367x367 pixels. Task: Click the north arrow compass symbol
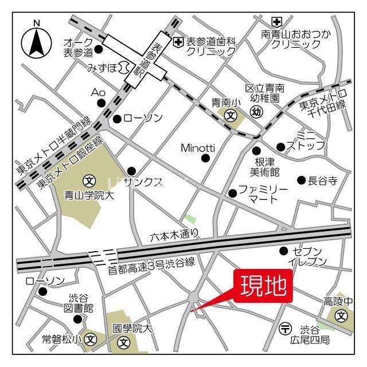coord(36,41)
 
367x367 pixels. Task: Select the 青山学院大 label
coord(89,196)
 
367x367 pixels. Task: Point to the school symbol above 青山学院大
coord(89,180)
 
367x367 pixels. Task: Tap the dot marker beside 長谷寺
coord(300,180)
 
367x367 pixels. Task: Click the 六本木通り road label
coord(175,234)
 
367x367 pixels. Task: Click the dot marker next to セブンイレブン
coord(283,251)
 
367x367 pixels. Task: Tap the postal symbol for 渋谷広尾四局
coord(285,329)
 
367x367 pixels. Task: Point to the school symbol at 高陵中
coord(342,315)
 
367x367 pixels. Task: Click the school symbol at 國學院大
coord(124,342)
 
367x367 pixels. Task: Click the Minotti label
coord(198,147)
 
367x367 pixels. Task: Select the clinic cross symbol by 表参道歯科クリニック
coord(178,41)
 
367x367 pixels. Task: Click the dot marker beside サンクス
coord(131,170)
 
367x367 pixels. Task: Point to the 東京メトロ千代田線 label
coord(324,102)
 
